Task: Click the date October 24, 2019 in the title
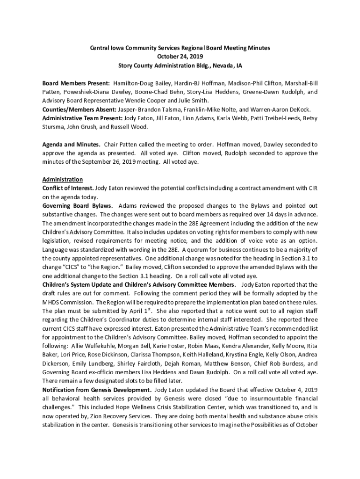pos(180,57)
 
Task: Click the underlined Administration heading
pos(63,180)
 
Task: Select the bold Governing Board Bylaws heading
pos(77,206)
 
